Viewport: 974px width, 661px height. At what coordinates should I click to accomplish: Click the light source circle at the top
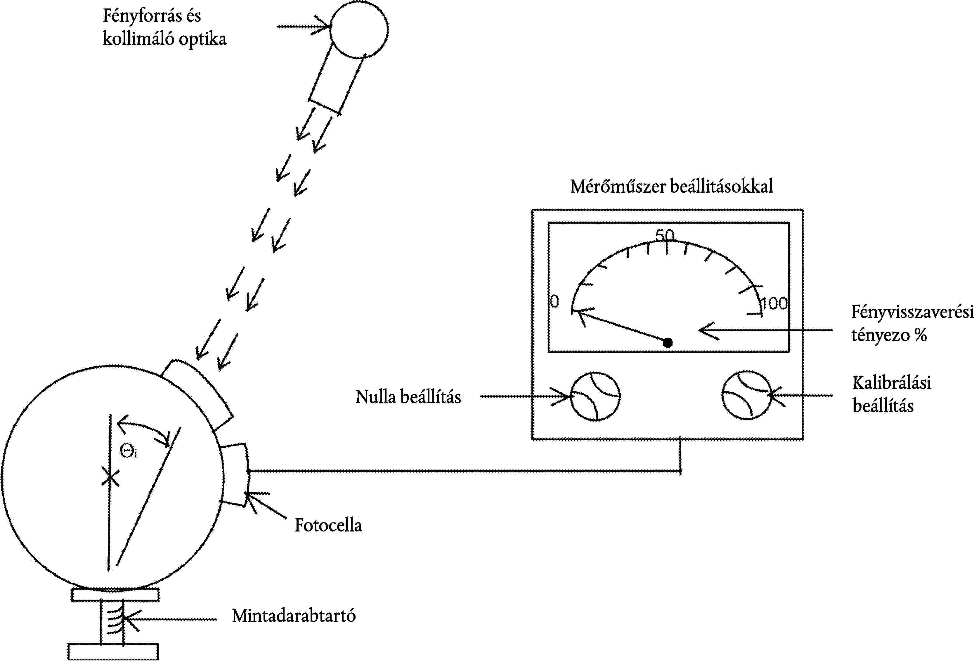point(359,29)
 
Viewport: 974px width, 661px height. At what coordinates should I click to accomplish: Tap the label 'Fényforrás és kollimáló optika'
point(164,27)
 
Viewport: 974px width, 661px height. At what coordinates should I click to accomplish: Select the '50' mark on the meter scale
point(665,235)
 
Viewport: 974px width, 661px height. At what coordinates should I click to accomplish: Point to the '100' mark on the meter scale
point(774,303)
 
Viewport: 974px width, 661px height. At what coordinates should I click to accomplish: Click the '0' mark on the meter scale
point(554,301)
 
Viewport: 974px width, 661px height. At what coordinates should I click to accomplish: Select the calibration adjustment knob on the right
point(746,395)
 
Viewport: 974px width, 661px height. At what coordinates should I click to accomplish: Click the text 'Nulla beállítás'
point(408,397)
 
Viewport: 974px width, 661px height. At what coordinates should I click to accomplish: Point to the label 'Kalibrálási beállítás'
point(891,394)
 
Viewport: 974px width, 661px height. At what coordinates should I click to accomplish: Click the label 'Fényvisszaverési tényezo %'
point(911,323)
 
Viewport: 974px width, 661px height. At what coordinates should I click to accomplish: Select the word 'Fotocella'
point(328,525)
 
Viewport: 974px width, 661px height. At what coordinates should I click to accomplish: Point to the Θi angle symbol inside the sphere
point(128,452)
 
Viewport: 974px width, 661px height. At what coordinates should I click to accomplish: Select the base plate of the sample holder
point(113,651)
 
